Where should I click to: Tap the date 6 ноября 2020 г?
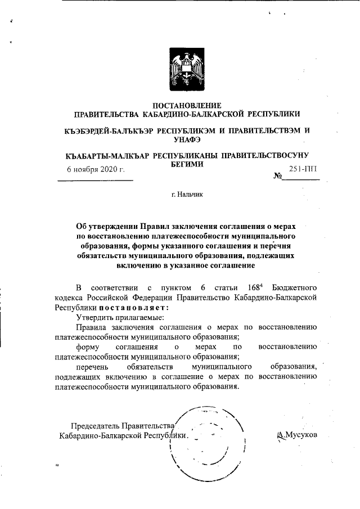point(96,169)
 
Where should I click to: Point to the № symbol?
point(277,177)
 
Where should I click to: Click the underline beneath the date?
point(95,179)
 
